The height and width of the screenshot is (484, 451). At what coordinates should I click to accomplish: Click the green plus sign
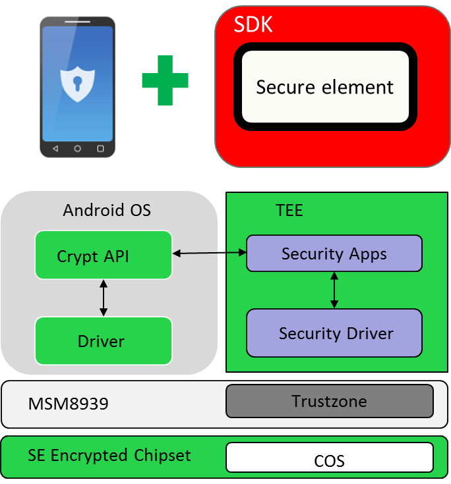[165, 80]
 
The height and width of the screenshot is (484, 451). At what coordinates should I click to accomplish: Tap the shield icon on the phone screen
[78, 82]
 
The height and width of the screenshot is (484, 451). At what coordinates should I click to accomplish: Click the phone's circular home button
[78, 149]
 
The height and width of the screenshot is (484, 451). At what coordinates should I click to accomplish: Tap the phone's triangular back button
[55, 149]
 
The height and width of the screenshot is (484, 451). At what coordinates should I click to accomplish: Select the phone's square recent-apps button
[101, 149]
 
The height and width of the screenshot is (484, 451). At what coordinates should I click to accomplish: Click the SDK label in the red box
[253, 25]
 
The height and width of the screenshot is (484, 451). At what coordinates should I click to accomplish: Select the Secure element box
[325, 87]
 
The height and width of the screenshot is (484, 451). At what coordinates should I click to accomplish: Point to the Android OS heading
[107, 210]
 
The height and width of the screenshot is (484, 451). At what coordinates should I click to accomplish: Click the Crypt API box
[104, 255]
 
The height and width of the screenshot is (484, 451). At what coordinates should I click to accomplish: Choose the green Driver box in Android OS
[104, 340]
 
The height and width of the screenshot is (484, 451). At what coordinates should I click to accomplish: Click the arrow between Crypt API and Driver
[103, 298]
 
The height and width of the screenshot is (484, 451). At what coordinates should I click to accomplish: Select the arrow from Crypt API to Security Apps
[209, 253]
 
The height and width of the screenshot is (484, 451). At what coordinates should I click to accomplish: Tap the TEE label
[289, 210]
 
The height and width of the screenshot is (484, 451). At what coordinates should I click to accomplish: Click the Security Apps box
[334, 254]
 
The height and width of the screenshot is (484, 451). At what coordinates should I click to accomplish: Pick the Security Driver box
[334, 333]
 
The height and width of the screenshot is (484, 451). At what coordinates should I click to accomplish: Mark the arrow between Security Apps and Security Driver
[334, 290]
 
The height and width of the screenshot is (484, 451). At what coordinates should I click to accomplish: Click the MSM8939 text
[68, 404]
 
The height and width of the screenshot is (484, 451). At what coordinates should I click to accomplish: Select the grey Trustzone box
[329, 401]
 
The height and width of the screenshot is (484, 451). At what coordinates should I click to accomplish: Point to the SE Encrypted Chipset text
[109, 455]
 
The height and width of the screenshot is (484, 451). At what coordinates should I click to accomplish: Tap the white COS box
[329, 458]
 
